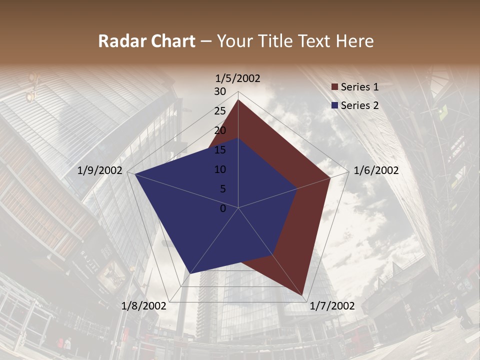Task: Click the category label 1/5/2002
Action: coord(238,78)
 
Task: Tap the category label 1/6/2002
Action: coord(376,170)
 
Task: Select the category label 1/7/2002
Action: coord(332,306)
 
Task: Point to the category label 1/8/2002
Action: coord(144,306)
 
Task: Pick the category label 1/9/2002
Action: coord(100,170)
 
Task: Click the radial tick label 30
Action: coord(220,91)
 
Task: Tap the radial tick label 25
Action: coord(220,111)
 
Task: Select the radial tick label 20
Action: coord(220,130)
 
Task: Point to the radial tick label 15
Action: coord(220,150)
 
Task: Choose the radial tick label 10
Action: coord(220,169)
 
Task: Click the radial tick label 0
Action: coord(223,208)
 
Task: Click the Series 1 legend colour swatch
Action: coord(334,87)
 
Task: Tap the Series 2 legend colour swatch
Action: coord(334,105)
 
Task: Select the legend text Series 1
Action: coord(359,87)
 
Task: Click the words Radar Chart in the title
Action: coord(146,41)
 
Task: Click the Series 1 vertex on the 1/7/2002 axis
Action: coord(303,295)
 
